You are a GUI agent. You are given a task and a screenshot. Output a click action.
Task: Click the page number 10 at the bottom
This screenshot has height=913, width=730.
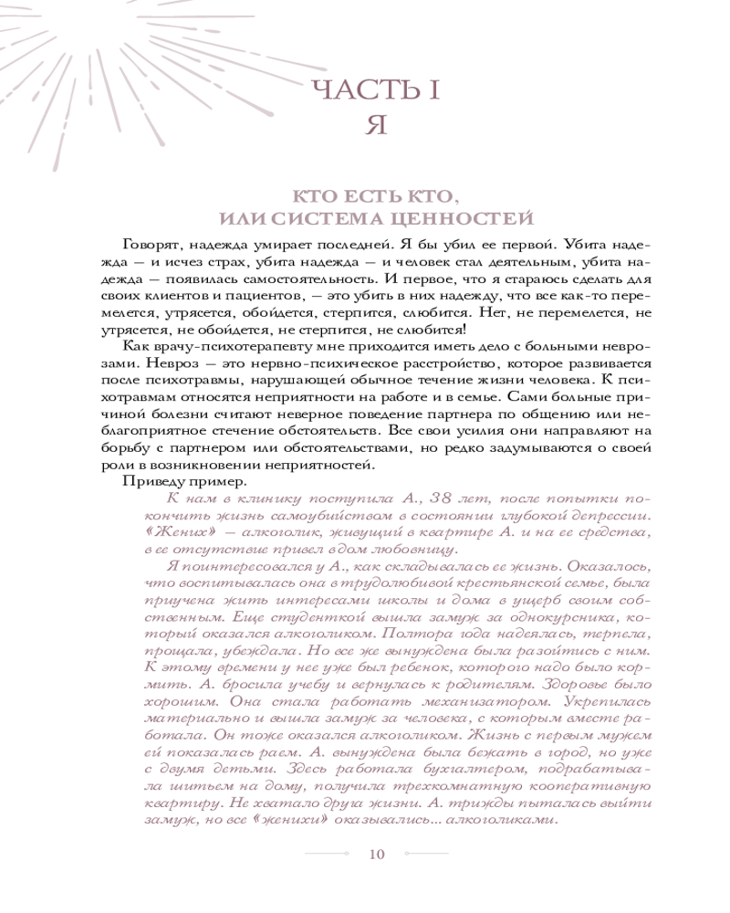[378, 854]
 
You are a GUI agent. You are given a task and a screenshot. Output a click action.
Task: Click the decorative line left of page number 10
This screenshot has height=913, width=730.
[327, 854]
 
